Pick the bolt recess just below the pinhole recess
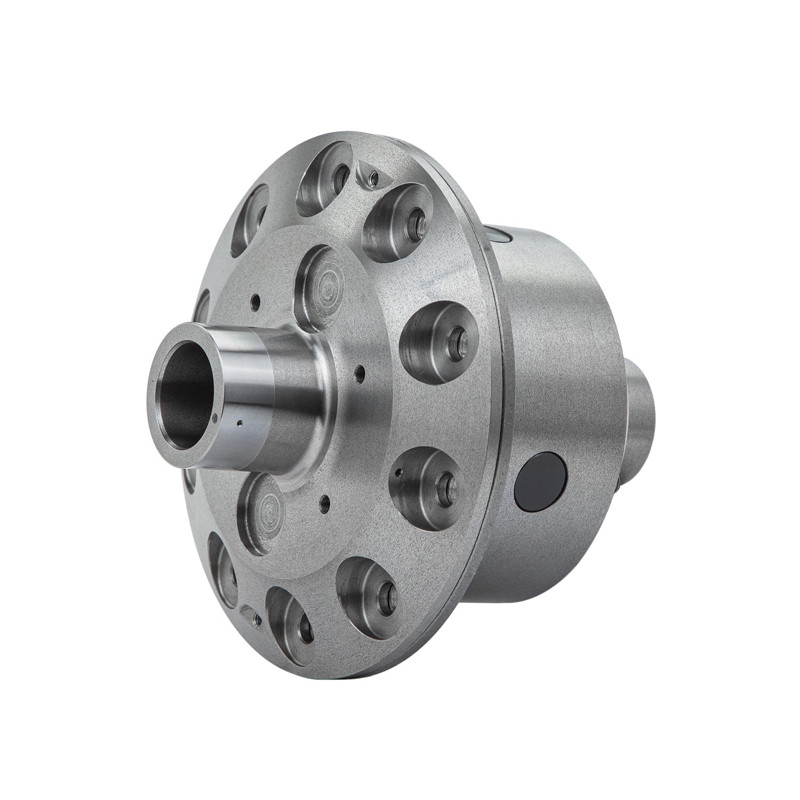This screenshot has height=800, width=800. (368, 587)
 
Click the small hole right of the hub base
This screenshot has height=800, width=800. (361, 369)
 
